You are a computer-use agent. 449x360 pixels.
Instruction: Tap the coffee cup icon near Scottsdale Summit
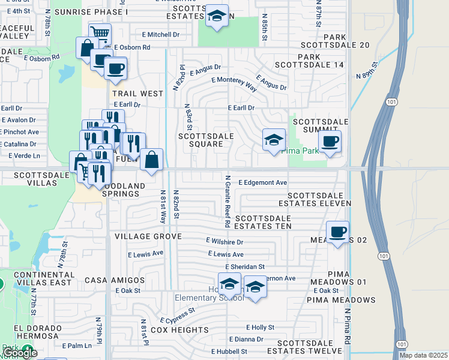coord(330,142)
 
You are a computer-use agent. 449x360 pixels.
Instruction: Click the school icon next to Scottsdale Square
coord(274,140)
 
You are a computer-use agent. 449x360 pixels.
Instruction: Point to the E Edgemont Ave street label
coord(262,182)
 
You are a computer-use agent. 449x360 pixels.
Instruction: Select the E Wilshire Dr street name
coord(224,242)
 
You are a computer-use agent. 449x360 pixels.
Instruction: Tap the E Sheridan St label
coord(245,266)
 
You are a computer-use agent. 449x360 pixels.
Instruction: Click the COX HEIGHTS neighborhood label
coord(171,330)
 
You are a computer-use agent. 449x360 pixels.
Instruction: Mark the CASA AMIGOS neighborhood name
coord(115,280)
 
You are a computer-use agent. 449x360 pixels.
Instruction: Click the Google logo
coord(20,353)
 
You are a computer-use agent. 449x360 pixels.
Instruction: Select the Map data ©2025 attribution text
coord(424,355)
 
